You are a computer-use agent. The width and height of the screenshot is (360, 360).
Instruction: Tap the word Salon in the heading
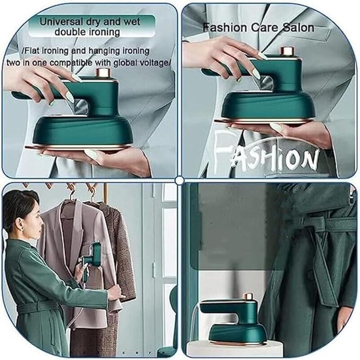296,27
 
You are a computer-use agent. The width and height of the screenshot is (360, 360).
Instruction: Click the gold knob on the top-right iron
287,51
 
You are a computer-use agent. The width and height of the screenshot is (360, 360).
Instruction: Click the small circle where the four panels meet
179,180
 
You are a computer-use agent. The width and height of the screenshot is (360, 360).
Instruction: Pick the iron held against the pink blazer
91,260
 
